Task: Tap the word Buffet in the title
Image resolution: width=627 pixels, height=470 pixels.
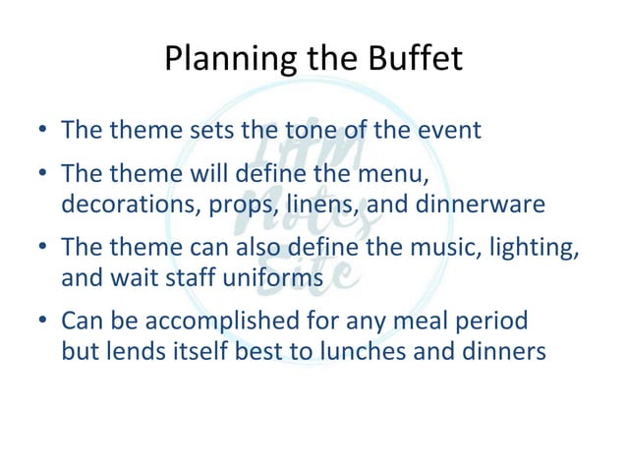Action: tap(416, 60)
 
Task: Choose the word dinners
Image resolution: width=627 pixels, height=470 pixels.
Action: tap(500, 350)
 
